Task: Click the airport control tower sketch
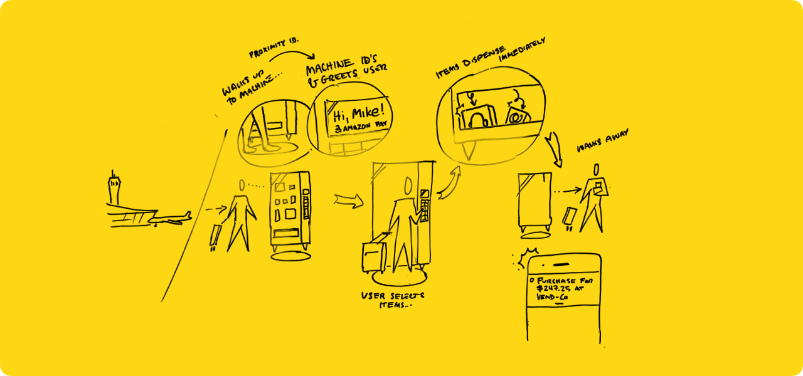[114, 187]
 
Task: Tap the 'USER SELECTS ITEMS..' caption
[392, 300]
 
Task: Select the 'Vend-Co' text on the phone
[553, 298]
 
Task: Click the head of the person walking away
[597, 170]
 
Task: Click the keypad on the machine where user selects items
[426, 206]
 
